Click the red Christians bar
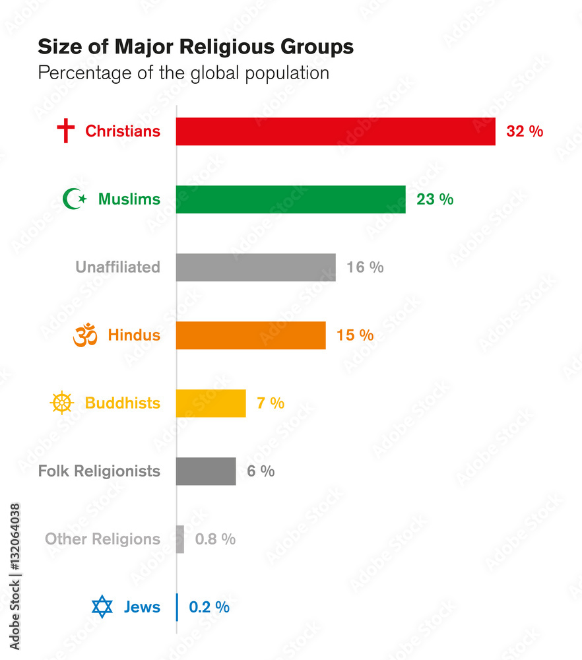(335, 131)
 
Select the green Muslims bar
(290, 199)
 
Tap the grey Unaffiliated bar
(255, 267)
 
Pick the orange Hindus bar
(251, 335)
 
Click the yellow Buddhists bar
(210, 403)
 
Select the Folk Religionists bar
(206, 471)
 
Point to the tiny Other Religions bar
(180, 539)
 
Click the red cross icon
(65, 131)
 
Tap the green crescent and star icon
(74, 199)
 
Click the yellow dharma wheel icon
(61, 403)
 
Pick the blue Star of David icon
(102, 607)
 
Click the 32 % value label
(525, 131)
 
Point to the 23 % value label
(435, 199)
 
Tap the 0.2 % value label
(209, 607)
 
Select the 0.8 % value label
(215, 539)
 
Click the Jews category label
(142, 607)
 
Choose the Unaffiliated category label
(117, 267)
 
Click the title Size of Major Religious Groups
(195, 47)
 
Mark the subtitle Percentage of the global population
(183, 73)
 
